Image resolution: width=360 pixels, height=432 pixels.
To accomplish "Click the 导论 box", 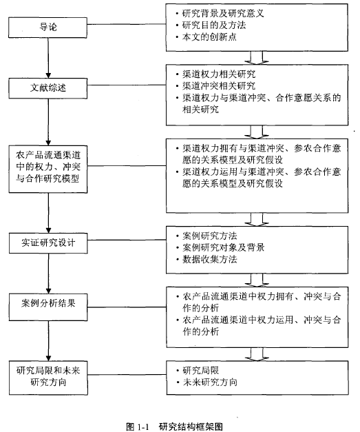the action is pyautogui.click(x=47, y=28).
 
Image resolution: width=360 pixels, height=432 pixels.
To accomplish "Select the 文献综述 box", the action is pyautogui.click(x=48, y=88).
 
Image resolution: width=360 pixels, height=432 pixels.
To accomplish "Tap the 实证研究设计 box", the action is pyautogui.click(x=48, y=243).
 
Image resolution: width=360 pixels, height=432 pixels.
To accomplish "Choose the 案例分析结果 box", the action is pyautogui.click(x=48, y=307).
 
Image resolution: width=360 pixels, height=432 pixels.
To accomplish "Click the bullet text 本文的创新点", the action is pyautogui.click(x=209, y=37).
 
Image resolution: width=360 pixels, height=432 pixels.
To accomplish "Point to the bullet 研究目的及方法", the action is pyautogui.click(x=214, y=25).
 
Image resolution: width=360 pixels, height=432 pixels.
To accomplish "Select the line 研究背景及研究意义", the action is pyautogui.click(x=223, y=13).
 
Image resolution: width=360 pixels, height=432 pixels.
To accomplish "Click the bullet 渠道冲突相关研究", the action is pyautogui.click(x=219, y=86).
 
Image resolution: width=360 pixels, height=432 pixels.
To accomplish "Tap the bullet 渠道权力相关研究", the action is pyautogui.click(x=219, y=74).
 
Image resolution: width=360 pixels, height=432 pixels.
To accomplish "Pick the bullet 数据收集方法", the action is pyautogui.click(x=210, y=259).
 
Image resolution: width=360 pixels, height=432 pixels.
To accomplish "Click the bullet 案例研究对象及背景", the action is pyautogui.click(x=224, y=247).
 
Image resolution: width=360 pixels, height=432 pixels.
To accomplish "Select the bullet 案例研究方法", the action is pyautogui.click(x=210, y=236).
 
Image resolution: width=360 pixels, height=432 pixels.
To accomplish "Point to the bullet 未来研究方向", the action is pyautogui.click(x=210, y=382).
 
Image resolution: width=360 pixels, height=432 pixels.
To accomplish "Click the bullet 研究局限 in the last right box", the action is pyautogui.click(x=200, y=371).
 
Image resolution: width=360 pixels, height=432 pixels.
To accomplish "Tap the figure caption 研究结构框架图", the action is pyautogui.click(x=191, y=426).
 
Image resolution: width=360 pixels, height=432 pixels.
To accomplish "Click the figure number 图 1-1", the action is pyautogui.click(x=138, y=426).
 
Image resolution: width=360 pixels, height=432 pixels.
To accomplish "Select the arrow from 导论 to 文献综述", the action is pyautogui.click(x=48, y=58).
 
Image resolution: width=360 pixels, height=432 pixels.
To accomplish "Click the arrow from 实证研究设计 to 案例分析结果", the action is pyautogui.click(x=48, y=274).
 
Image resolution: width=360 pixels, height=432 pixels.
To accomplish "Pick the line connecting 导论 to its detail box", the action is pyautogui.click(x=127, y=25).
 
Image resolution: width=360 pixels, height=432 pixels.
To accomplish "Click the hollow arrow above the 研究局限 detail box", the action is pyautogui.click(x=257, y=354).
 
